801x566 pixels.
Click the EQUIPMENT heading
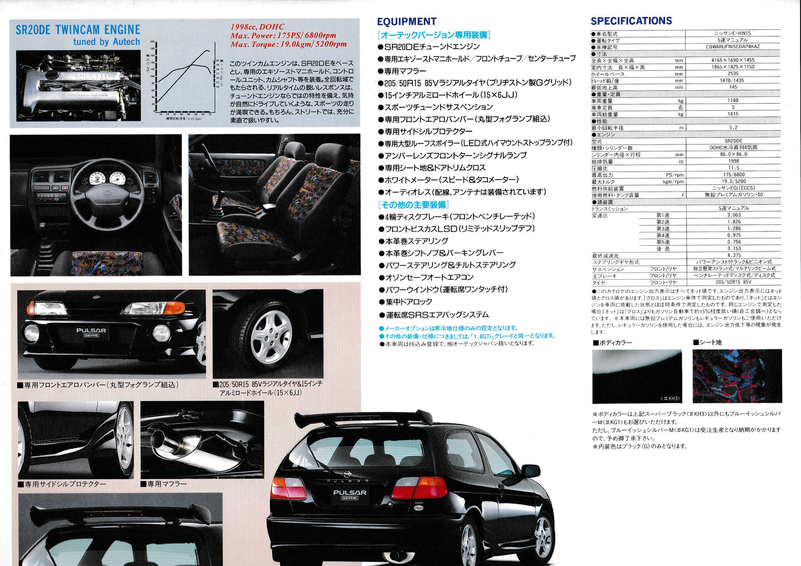point(406,22)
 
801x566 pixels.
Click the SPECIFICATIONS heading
point(631,21)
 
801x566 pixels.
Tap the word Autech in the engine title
point(126,42)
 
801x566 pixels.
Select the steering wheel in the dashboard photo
point(105,191)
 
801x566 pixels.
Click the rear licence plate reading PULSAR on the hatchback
point(349,495)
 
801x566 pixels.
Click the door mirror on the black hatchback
point(530,471)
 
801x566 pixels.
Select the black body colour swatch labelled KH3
point(637,376)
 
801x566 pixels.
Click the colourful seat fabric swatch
point(737,375)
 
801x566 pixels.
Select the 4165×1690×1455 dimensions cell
point(733,60)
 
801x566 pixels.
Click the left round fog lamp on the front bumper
point(32,333)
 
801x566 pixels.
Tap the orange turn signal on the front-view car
point(176,308)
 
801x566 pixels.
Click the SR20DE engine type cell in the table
point(733,141)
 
